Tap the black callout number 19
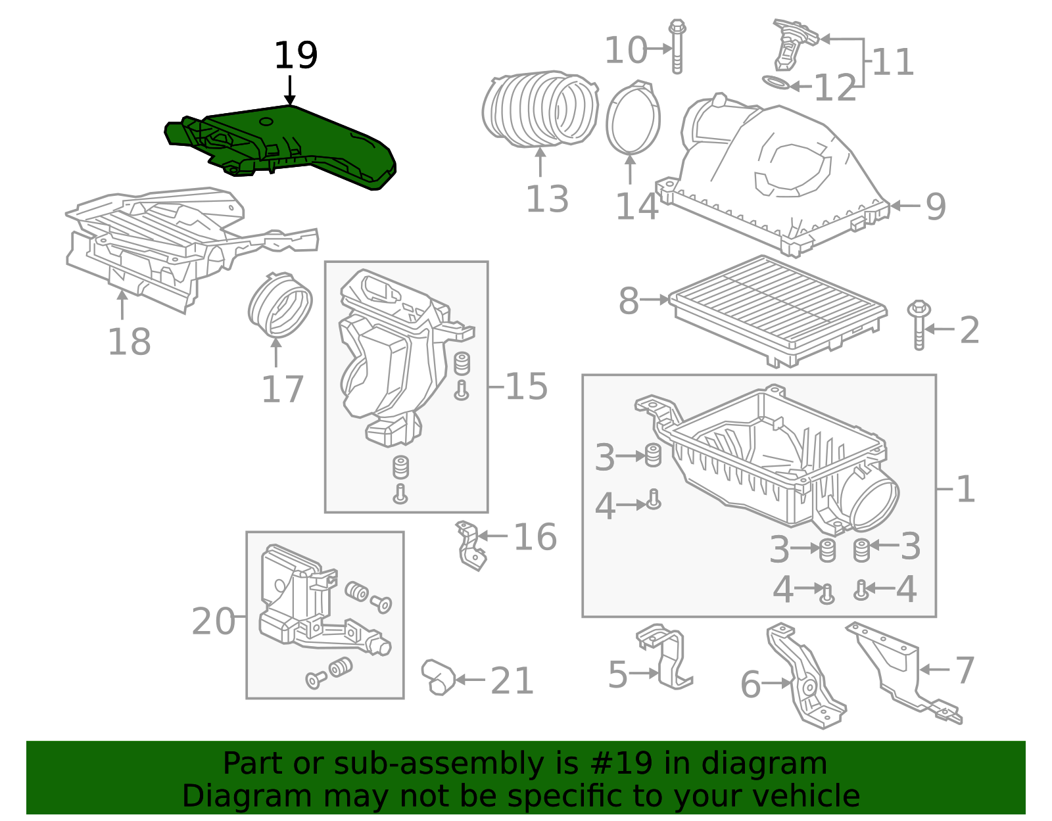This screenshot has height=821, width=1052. [x=296, y=56]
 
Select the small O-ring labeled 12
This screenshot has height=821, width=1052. [x=776, y=83]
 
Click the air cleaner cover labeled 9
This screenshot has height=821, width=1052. [x=776, y=171]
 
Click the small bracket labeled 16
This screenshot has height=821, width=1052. [x=471, y=546]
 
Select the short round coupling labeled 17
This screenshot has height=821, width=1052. [x=279, y=306]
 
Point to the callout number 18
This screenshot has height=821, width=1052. [x=129, y=342]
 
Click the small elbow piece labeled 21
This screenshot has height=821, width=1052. [x=439, y=677]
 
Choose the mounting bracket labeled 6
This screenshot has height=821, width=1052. [x=805, y=677]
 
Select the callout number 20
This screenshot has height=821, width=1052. [x=213, y=621]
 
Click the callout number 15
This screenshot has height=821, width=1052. [x=527, y=387]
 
